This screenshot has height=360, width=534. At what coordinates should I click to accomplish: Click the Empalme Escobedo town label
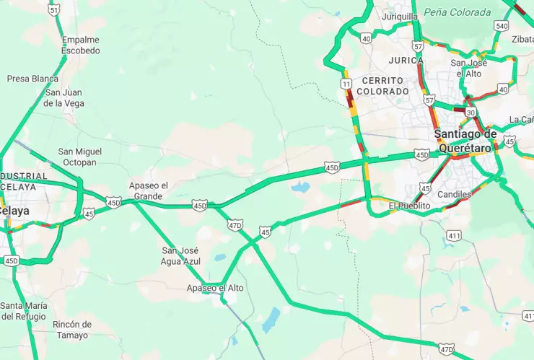(x=80, y=45)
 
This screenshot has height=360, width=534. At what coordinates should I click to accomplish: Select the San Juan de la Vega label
(x=64, y=98)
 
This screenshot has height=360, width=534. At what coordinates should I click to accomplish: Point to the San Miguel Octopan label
(x=80, y=157)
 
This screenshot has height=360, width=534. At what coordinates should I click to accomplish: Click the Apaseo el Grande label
(x=148, y=190)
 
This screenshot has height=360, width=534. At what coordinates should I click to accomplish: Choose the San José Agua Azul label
(x=180, y=255)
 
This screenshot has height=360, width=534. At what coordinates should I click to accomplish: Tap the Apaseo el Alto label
(x=215, y=288)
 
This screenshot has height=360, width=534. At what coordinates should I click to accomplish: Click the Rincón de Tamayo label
(x=72, y=330)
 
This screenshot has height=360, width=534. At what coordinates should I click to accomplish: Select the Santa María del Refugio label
(x=23, y=311)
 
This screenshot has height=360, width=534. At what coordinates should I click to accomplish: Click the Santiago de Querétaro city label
(x=465, y=141)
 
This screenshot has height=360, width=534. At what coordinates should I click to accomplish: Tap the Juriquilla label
(x=400, y=17)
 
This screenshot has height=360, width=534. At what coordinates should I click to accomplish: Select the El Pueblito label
(x=409, y=206)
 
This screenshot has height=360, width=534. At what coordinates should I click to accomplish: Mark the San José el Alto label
(x=469, y=68)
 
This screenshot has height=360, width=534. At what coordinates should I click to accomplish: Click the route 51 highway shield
(x=54, y=9)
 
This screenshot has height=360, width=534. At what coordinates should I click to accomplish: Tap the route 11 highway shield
(x=347, y=84)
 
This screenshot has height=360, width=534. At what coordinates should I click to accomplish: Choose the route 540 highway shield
(x=501, y=26)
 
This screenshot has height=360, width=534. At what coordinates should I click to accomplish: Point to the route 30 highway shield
(x=470, y=113)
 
